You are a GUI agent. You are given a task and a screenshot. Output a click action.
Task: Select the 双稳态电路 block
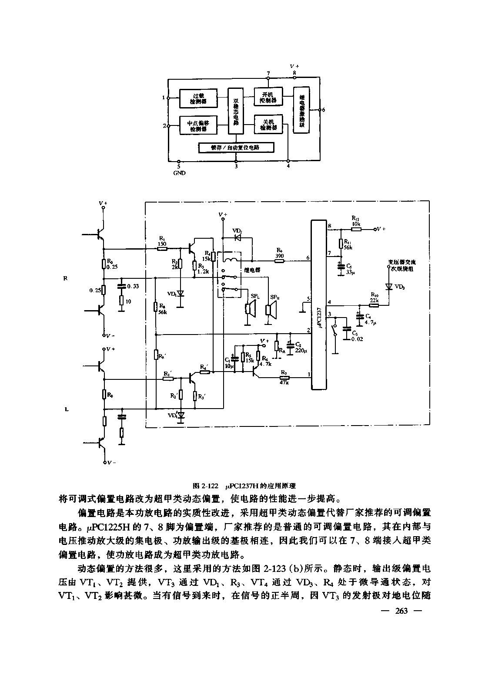236,111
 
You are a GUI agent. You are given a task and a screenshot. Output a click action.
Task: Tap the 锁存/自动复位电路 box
237,148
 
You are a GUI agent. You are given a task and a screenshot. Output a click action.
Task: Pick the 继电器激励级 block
301,110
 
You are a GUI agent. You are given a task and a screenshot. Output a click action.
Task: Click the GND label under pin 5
179,173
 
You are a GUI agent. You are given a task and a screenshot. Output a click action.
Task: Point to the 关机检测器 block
268,125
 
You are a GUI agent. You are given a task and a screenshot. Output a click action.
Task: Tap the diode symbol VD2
237,238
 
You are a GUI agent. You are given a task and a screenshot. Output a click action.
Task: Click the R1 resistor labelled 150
162,249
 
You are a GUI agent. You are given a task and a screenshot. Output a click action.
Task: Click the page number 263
401,611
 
